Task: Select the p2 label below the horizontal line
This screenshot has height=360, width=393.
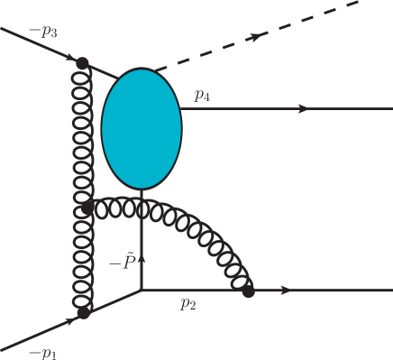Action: point(187,304)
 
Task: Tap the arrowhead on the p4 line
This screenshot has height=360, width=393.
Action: point(303,108)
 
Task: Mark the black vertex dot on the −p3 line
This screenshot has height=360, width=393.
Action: point(83,63)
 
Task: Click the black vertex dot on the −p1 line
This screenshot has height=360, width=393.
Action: point(83,313)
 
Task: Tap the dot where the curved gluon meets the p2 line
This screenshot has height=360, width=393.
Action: point(249,291)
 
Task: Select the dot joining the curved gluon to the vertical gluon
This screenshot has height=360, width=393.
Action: point(87,208)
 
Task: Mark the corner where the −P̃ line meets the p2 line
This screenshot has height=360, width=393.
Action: point(142,291)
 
